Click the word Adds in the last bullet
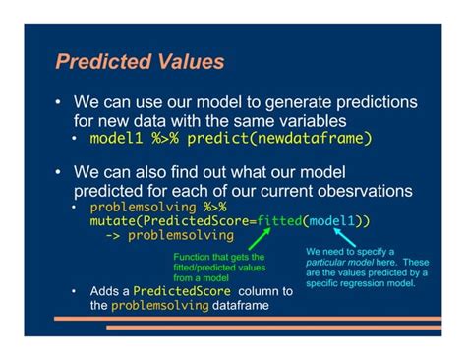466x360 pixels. pyautogui.click(x=107, y=292)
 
